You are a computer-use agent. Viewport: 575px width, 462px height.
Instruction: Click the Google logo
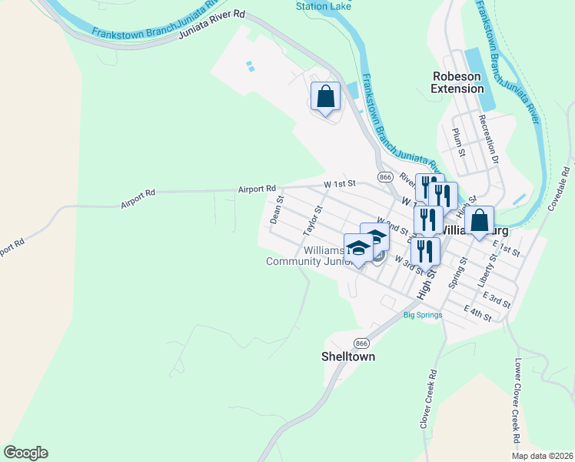[25, 453]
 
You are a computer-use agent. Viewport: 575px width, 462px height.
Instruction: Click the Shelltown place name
[347, 357]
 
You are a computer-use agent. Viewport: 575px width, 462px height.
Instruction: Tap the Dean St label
[277, 209]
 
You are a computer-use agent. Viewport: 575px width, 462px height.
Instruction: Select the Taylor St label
[311, 219]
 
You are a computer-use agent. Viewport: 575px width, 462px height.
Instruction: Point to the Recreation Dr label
[489, 139]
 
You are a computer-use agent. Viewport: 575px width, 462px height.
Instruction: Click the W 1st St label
[340, 184]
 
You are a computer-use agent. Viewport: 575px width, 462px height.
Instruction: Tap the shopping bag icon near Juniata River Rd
[326, 98]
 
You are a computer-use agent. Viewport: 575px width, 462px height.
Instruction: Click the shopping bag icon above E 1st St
[479, 221]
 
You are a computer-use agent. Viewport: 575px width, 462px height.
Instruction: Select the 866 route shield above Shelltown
[361, 343]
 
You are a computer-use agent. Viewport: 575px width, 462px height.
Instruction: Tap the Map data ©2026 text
[541, 456]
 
